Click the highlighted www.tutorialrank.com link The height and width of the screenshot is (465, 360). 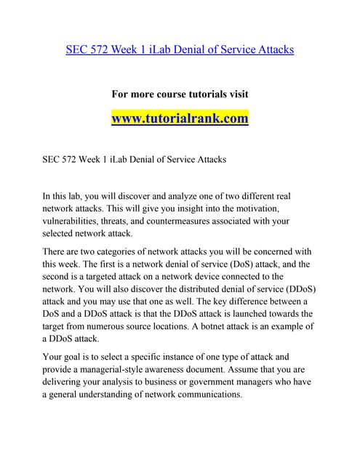(x=180, y=118)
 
